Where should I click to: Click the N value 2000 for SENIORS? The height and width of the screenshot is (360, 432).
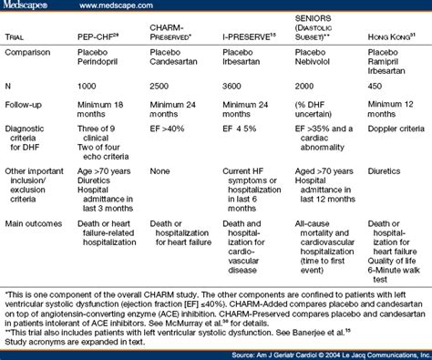click(305, 89)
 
